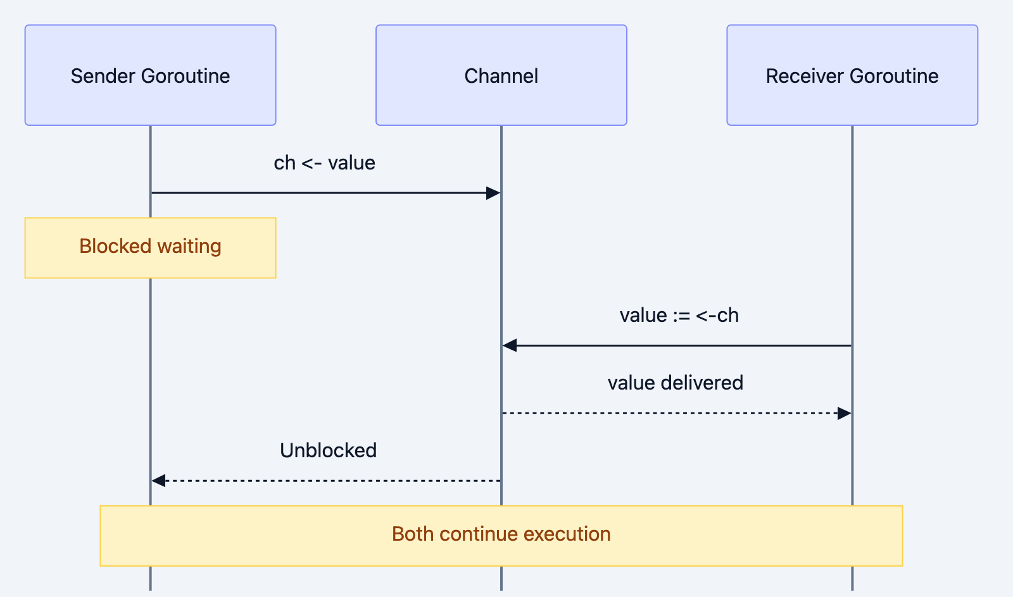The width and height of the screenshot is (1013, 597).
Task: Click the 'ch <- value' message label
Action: point(324,163)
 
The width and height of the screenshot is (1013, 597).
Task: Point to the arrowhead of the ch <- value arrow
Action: point(493,193)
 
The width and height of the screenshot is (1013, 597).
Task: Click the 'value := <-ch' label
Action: point(679,316)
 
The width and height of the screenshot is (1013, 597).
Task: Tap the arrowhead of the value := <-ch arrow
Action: point(510,345)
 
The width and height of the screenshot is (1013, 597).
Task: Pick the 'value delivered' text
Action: point(675,383)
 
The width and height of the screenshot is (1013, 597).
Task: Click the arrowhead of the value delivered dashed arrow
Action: point(844,414)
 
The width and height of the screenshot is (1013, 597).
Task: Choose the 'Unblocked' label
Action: point(328,451)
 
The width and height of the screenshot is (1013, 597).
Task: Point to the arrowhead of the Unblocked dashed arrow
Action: point(158,481)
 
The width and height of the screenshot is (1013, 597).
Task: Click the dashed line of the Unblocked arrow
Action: point(329,481)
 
